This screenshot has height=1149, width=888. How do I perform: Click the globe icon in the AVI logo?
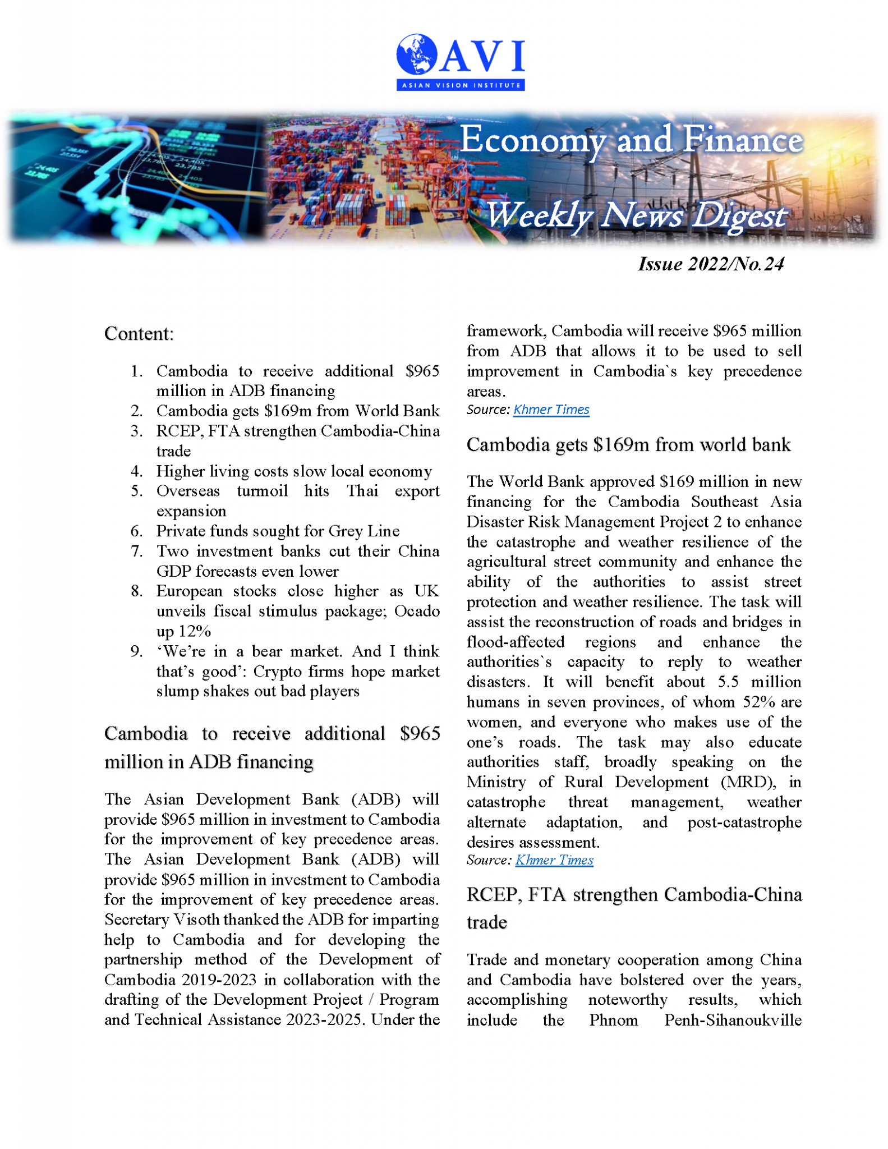(416, 54)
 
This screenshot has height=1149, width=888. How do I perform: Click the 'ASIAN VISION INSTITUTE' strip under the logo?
(460, 85)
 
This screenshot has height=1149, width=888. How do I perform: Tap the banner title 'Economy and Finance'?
(631, 140)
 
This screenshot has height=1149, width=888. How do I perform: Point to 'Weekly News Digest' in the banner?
(636, 215)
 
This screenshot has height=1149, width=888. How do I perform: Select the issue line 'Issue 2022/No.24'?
(710, 264)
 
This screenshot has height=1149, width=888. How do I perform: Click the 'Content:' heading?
(139, 334)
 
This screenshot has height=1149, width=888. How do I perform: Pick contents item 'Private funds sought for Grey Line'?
(278, 531)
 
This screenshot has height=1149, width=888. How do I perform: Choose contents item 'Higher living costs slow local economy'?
(294, 471)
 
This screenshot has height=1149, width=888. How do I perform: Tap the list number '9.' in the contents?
(137, 651)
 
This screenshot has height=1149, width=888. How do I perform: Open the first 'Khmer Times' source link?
(551, 410)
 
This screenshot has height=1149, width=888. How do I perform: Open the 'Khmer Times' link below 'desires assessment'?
(554, 860)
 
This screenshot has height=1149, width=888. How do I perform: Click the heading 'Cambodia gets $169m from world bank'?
(628, 444)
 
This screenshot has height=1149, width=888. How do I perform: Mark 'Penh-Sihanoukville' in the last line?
(733, 1019)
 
